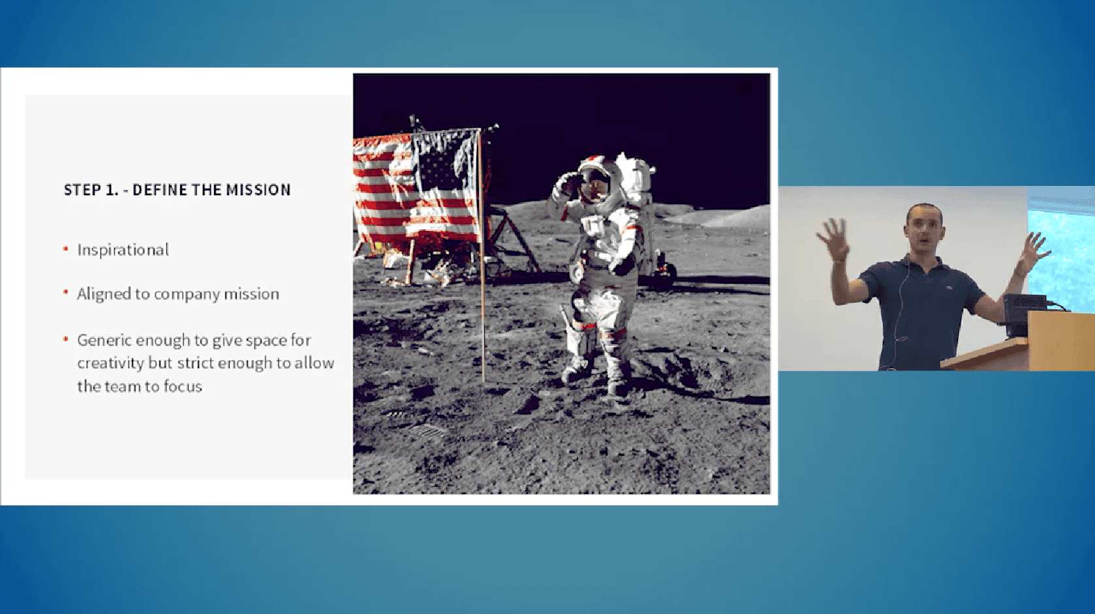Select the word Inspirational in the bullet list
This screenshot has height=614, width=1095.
coord(123,250)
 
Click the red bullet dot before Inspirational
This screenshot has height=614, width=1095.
coord(65,249)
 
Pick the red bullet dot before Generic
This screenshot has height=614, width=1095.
coord(65,339)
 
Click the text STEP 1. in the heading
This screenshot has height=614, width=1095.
coord(91,190)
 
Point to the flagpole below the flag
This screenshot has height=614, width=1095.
coord(482,313)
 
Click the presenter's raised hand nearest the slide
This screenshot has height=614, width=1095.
coord(835,239)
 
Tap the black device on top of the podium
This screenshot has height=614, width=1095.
coord(1024,313)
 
